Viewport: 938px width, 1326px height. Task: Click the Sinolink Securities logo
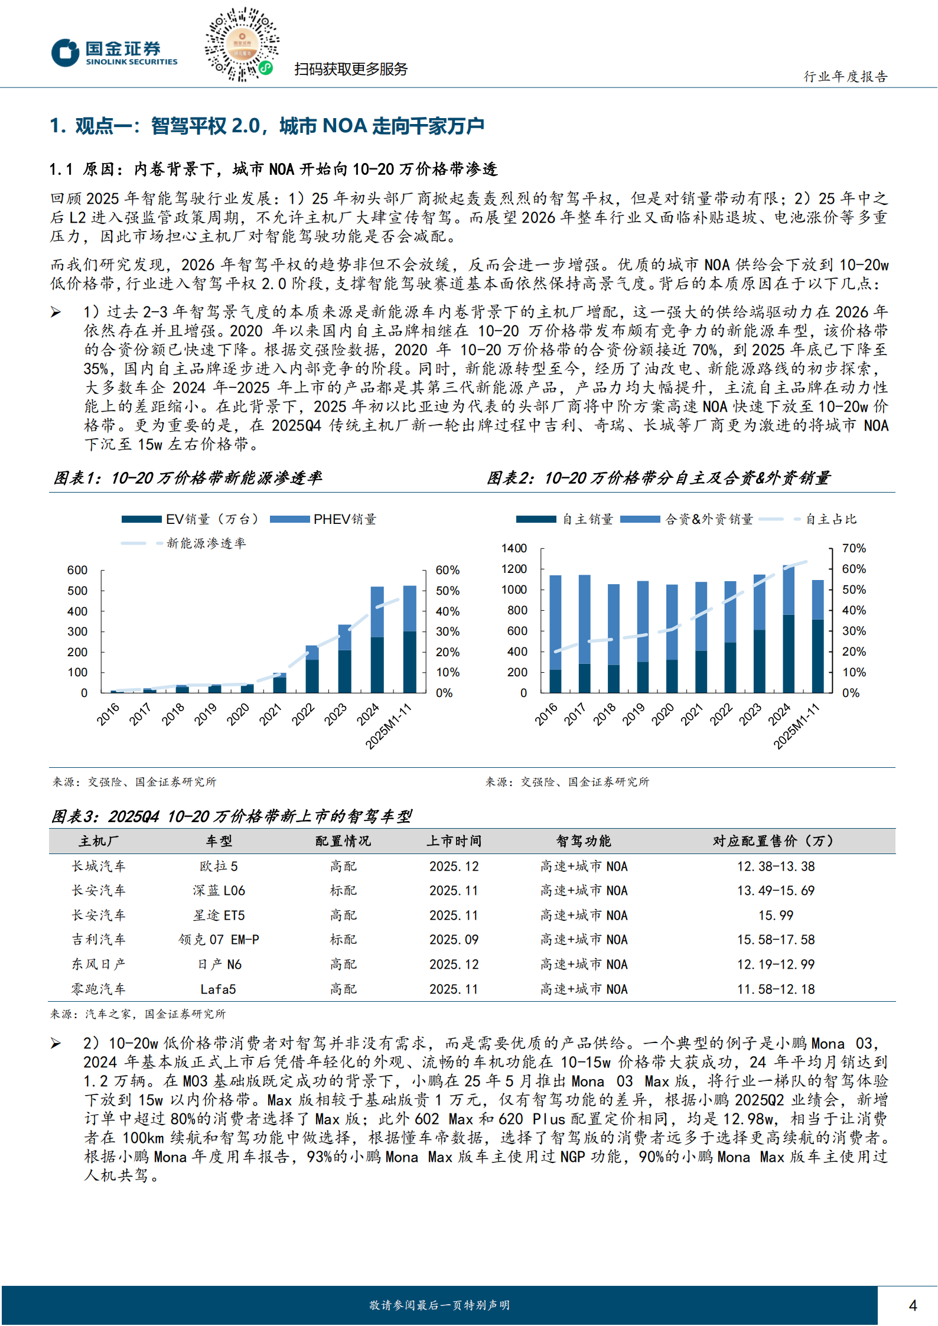pos(114,53)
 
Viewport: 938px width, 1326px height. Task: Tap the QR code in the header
pos(242,44)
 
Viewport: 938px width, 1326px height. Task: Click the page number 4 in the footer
pos(913,1305)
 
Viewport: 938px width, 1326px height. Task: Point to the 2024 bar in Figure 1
pos(377,639)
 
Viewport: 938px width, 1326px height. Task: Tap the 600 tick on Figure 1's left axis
pos(77,570)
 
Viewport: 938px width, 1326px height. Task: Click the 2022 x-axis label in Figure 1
pos(303,714)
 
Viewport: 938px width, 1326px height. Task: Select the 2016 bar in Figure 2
pos(555,633)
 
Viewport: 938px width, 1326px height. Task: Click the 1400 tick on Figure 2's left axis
pos(514,548)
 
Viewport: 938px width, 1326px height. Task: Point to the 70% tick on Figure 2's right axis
pos(854,548)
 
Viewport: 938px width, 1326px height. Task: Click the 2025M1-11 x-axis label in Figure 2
pos(796,726)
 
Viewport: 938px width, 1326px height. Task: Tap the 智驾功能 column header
pos(584,841)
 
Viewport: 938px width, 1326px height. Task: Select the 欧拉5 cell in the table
pos(219,866)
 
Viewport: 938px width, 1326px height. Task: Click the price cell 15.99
pos(776,916)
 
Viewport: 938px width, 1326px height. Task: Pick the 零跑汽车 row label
pos(99,989)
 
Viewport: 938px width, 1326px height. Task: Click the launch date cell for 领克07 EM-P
pos(454,940)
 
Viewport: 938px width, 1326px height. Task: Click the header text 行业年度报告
pos(845,76)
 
